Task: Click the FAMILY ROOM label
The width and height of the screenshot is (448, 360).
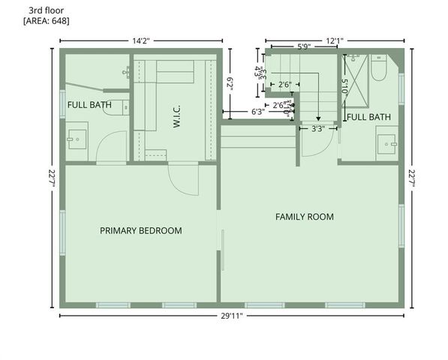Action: click(304, 217)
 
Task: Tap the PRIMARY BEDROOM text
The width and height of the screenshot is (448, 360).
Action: click(141, 230)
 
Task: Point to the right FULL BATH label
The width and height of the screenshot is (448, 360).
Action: click(368, 117)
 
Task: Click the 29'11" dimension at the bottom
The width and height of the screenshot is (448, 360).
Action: click(232, 316)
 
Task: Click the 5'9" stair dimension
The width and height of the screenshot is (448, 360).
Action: click(304, 46)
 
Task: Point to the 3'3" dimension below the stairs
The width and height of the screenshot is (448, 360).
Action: click(318, 128)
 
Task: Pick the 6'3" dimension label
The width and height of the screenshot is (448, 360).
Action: click(257, 112)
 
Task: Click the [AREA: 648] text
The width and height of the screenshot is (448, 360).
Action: click(47, 21)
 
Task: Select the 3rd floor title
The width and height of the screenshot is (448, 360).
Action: click(44, 10)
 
